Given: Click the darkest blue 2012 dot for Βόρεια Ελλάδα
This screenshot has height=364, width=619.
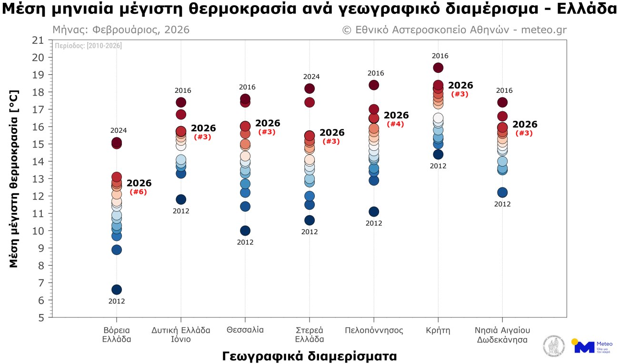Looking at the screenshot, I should point(117,290).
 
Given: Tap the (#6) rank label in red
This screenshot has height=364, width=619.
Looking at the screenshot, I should point(138,192).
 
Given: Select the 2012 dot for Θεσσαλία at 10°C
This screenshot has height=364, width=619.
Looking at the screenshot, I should point(245,231).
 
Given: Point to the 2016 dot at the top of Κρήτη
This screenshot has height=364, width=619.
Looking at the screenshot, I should point(438,68).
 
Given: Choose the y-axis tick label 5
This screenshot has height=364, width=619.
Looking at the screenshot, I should point(41,317).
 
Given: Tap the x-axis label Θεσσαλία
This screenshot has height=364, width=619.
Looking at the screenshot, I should point(245,330).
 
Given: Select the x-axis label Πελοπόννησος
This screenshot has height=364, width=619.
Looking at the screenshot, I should point(374,330).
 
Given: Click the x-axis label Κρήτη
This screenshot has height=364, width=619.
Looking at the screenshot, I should point(438,330).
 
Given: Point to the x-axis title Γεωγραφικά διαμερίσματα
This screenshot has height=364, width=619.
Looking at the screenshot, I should point(309,356).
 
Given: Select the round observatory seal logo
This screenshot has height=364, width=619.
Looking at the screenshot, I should point(555,346).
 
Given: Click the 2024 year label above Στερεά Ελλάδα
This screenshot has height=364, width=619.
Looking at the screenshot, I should point(309,77).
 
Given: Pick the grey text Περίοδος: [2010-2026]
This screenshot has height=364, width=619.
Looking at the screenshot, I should point(88,46).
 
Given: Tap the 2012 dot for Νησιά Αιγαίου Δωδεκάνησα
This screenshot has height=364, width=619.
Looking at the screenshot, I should point(502,193).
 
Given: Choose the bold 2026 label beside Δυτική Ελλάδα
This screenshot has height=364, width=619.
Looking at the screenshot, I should point(203,128).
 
